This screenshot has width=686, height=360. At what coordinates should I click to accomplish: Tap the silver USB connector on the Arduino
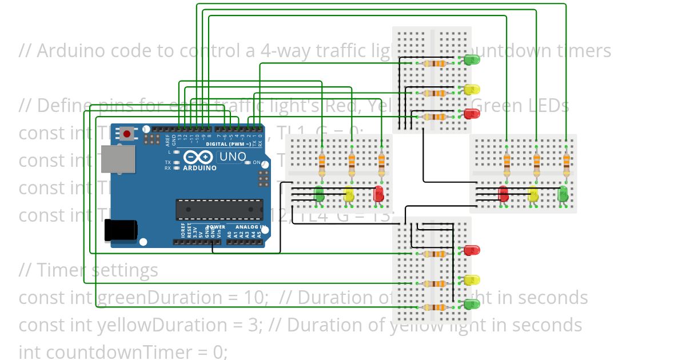point(118,158)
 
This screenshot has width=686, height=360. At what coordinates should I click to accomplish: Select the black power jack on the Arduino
point(121,230)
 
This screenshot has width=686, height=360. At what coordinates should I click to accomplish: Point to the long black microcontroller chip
point(220,209)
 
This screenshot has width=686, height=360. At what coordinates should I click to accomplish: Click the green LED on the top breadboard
point(472,59)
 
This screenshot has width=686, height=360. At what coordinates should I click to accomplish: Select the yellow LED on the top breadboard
point(472,90)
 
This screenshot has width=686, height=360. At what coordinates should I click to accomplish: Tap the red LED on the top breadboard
point(472,114)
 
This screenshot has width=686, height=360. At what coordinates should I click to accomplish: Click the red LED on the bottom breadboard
point(472,250)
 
